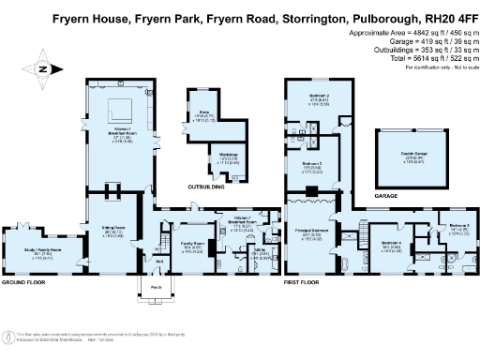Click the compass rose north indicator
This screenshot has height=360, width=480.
[37, 68]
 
